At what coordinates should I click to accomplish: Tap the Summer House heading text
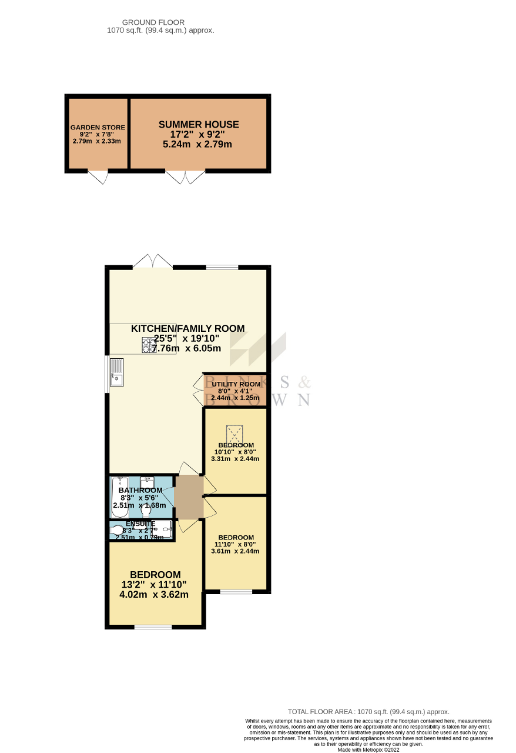point(199,125)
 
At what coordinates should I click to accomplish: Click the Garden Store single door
point(98,176)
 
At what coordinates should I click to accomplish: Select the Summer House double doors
point(185,176)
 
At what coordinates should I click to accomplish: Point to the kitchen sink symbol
point(116,372)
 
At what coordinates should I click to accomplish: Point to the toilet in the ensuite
point(118,530)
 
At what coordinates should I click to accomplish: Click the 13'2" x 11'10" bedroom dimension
point(155,585)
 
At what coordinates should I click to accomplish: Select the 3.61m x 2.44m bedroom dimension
point(235,551)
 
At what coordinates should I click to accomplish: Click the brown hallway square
point(189,497)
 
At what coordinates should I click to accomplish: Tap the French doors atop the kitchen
point(152,262)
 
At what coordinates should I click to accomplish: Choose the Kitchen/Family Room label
point(187,328)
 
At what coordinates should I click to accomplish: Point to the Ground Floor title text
point(160,22)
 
